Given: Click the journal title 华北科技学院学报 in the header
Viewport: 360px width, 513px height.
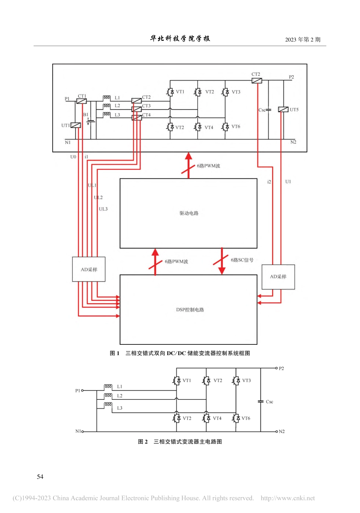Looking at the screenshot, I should (180, 39).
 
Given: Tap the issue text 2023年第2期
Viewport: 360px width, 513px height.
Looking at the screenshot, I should (302, 39).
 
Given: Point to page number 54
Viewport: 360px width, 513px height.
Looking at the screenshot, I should (40, 477).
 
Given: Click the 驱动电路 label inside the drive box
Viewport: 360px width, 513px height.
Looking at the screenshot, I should (189, 213).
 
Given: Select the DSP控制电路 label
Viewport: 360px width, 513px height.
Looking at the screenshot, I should (190, 310).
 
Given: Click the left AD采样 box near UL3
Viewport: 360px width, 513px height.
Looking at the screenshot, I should (89, 269).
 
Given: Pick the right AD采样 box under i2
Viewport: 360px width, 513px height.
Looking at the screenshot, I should (278, 277).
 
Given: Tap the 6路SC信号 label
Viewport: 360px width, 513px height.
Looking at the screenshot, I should (242, 260).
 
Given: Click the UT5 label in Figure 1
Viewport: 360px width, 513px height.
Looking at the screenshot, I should (294, 110).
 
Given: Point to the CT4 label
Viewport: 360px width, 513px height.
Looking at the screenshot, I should (146, 115).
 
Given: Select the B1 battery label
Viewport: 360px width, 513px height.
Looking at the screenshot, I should (86, 114).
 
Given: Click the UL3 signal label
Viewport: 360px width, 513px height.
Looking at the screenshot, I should (103, 209).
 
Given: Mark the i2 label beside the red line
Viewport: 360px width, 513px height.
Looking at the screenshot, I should (269, 182).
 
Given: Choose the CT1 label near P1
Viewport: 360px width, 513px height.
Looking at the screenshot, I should (82, 96).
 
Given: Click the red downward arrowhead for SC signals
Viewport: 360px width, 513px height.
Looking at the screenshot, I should (222, 271).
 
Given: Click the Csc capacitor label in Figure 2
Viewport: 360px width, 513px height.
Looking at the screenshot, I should (269, 402).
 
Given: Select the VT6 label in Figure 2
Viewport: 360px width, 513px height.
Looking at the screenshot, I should (246, 418).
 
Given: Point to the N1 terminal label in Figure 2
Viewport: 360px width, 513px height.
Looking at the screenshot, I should (78, 431).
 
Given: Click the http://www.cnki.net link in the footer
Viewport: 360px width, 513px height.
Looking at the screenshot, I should (288, 498).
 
